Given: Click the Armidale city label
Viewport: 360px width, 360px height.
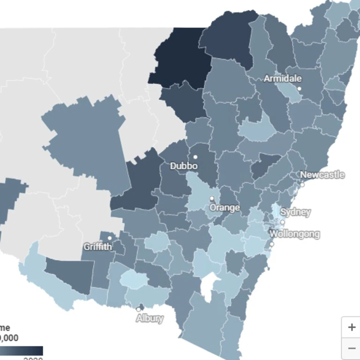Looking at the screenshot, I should click(x=283, y=78).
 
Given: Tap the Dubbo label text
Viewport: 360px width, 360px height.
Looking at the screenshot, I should click(x=184, y=166).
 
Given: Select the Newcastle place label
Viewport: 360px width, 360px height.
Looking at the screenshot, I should click(x=322, y=175).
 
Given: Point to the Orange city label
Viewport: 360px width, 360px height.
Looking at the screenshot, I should click(x=225, y=207).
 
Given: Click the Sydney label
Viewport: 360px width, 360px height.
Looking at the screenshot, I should click(x=295, y=212).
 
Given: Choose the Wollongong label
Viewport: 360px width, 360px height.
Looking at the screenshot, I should click(x=295, y=233).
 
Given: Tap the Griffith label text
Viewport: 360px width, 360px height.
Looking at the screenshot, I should click(x=98, y=247).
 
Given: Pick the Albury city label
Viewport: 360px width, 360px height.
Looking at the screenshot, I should click(x=150, y=318).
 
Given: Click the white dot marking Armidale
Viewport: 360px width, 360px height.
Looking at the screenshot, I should click(x=299, y=89).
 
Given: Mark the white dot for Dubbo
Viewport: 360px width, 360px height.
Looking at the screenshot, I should click(x=195, y=157).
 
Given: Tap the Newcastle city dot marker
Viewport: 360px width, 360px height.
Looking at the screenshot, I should click(x=302, y=185).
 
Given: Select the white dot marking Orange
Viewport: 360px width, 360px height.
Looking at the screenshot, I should click(x=212, y=198).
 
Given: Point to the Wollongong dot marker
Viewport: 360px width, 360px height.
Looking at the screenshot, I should click(x=272, y=244).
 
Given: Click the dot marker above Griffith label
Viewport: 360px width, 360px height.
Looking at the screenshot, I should click(x=110, y=238).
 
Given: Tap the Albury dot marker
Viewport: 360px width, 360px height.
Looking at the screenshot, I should click(x=139, y=309).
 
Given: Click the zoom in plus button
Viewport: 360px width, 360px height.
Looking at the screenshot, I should click(x=352, y=327).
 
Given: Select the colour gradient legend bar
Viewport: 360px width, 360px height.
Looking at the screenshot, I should click(x=21, y=351).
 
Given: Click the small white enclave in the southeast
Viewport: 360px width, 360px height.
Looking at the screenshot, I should click(x=207, y=287).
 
